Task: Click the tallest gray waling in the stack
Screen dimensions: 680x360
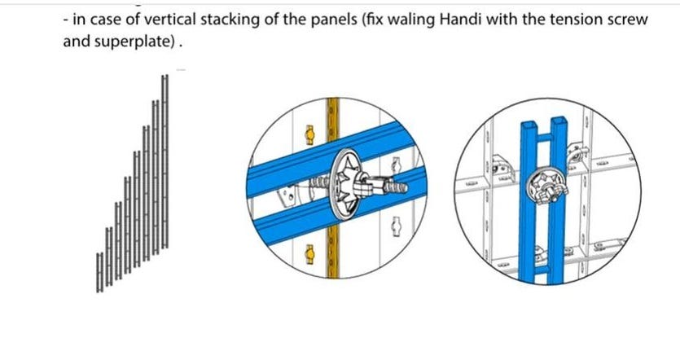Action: (x=165, y=162)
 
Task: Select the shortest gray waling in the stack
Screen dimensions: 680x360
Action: (x=99, y=272)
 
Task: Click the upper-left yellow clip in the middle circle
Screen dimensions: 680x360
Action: (x=309, y=135)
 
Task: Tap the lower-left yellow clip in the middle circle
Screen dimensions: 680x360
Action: (x=309, y=254)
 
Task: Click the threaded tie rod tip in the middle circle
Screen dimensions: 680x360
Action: (x=399, y=187)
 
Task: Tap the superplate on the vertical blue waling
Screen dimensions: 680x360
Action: (x=543, y=187)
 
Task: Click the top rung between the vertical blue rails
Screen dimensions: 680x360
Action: (x=544, y=138)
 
